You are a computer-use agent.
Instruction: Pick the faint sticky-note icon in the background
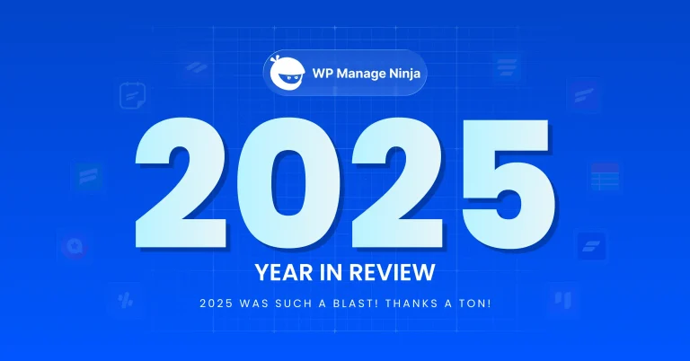click(132, 94)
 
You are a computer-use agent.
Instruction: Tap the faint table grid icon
click(605, 177)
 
